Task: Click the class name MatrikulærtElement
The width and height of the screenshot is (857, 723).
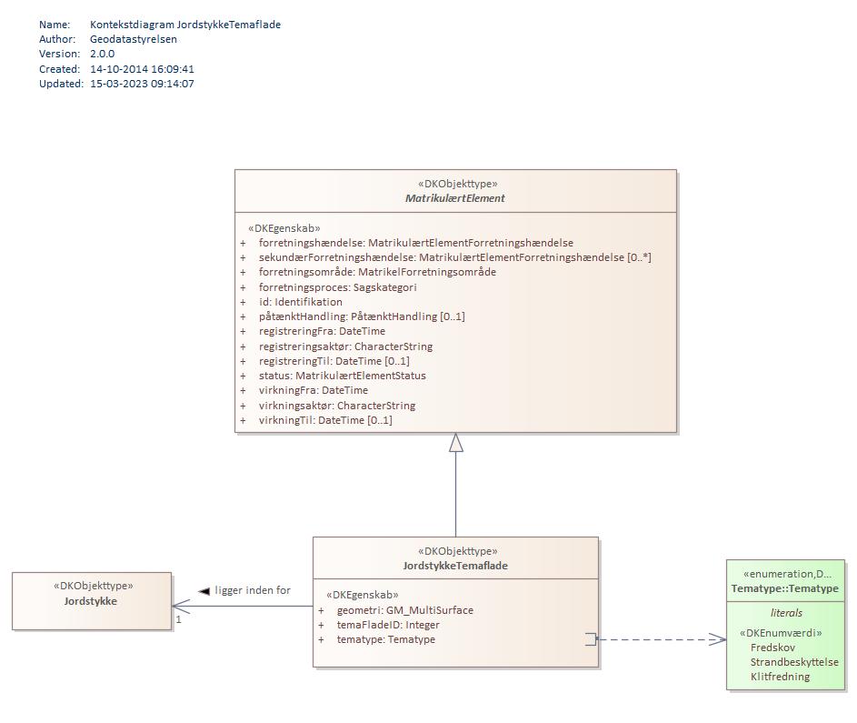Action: pos(455,198)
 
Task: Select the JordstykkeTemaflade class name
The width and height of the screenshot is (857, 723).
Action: pos(455,566)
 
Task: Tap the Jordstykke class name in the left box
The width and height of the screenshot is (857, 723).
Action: pos(91,601)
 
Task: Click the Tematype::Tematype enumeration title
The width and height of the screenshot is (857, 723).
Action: pos(785,589)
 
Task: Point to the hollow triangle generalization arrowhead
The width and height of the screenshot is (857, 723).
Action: pos(456,443)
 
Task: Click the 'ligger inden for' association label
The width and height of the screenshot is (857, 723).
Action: pos(253,591)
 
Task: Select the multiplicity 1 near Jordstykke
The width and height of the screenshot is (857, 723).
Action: pos(179,619)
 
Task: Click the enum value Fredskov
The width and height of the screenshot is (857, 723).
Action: pos(772,648)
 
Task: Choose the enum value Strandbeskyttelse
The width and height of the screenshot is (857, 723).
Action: pos(794,662)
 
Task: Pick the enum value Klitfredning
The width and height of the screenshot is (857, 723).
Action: pos(780,677)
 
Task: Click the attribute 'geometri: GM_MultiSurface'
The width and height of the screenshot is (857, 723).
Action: pos(404,610)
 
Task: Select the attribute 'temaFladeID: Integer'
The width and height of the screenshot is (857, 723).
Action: pos(388,625)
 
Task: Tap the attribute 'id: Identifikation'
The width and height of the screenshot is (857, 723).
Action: pos(300,302)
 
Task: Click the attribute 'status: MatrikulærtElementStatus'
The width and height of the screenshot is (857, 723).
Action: pos(342,376)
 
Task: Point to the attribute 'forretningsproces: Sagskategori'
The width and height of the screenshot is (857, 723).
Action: pos(337,287)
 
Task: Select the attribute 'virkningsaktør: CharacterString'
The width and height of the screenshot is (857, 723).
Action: pos(336,406)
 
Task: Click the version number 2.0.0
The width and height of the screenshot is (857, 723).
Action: pos(102,54)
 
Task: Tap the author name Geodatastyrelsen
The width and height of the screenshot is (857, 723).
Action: pos(134,39)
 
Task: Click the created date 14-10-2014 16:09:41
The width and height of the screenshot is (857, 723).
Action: pos(142,69)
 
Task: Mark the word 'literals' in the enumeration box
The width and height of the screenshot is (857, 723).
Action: pos(786,613)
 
